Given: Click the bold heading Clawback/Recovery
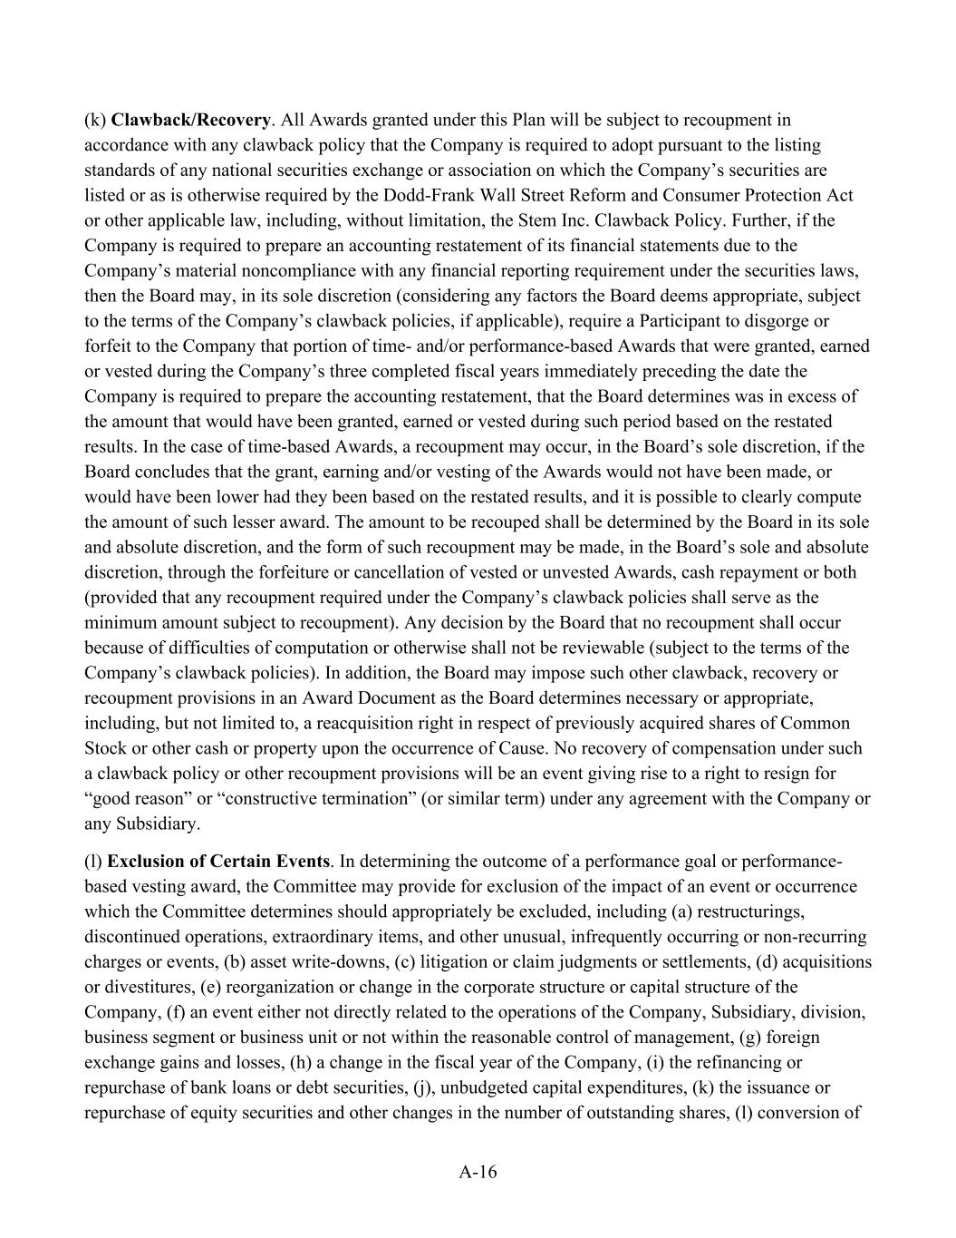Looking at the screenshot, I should [x=190, y=120].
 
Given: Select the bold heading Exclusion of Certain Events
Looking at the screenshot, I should [x=218, y=861].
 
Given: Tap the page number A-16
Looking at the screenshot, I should [x=478, y=1172].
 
